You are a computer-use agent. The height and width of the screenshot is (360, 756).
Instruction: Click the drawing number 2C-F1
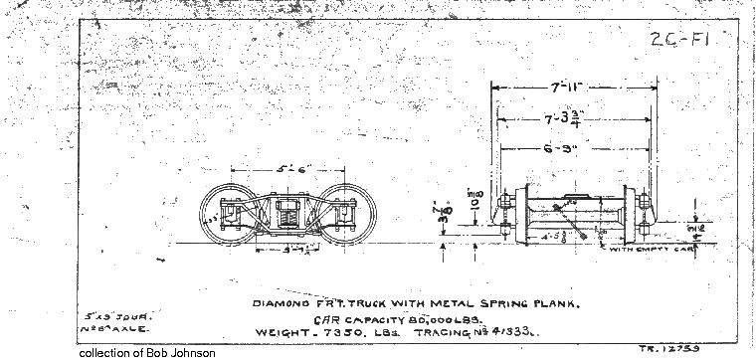677,41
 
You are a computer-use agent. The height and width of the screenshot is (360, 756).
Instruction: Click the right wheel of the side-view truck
342,214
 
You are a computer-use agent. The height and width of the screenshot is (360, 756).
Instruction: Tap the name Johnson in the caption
190,353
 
